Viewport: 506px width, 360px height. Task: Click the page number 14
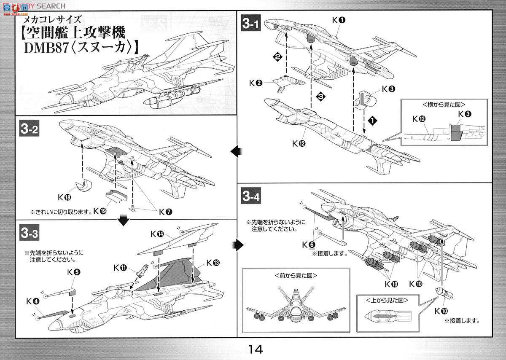coord(256,349)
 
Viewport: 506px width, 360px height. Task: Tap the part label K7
coord(165,211)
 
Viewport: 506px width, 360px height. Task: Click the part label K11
coord(120,267)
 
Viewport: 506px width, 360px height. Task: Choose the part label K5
coord(73,272)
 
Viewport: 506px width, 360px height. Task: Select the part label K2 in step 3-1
coord(256,83)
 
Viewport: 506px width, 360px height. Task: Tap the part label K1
coord(339,19)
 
